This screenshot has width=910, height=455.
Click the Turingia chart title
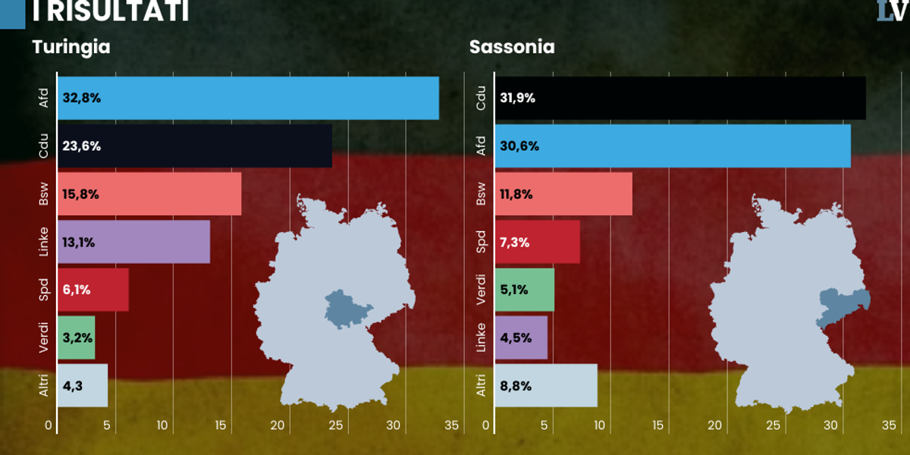[71, 47]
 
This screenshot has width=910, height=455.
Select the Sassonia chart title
[512, 47]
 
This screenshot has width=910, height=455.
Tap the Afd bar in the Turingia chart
[248, 98]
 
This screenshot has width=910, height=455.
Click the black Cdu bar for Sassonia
[679, 98]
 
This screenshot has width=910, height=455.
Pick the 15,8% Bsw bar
[149, 194]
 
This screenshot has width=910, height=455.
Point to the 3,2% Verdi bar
[76, 338]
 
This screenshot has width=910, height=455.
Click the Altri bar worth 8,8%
[546, 386]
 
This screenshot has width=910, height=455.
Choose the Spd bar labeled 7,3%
[537, 243]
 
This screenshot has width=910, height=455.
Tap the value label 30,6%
[519, 146]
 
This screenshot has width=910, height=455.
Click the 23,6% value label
[82, 146]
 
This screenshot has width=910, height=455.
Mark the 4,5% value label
[515, 338]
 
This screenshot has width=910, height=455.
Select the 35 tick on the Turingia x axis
[451, 425]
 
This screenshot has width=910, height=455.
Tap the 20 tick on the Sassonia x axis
[715, 425]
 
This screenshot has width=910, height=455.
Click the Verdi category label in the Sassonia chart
[481, 290]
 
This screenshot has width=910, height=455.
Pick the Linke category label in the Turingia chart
[44, 243]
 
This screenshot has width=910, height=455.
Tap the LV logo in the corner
[893, 10]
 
